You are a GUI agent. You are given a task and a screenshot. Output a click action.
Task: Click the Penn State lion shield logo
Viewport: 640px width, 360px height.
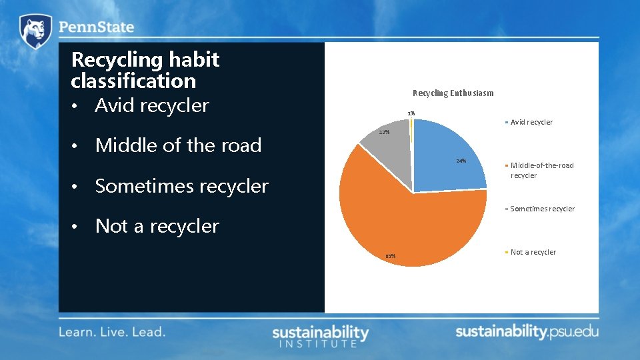[35, 31]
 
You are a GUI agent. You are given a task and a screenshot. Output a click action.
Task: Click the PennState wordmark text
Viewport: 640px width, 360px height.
[97, 28]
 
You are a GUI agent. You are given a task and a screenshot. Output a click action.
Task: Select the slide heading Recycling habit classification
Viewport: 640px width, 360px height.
[145, 70]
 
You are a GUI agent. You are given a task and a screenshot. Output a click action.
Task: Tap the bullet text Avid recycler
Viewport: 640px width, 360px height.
[152, 105]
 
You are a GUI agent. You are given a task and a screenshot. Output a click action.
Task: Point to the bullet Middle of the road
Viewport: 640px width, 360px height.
[178, 145]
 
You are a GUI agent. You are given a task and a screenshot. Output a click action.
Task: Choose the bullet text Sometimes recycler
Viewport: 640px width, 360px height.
[181, 186]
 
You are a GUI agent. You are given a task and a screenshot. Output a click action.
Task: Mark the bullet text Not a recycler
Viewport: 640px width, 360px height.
[157, 227]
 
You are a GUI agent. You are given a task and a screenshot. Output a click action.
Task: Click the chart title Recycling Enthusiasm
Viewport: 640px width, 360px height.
[453, 93]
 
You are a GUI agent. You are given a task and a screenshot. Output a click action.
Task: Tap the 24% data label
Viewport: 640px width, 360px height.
[461, 161]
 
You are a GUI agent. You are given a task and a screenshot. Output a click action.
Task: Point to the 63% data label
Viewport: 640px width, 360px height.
[390, 256]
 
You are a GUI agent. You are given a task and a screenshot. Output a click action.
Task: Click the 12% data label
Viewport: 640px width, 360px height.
[384, 133]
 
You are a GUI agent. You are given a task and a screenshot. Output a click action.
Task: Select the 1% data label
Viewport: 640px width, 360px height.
[411, 113]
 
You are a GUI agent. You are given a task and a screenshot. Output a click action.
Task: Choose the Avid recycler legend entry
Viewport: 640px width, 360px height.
[531, 122]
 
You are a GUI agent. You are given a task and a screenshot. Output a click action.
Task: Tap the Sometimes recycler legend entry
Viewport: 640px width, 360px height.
[542, 209]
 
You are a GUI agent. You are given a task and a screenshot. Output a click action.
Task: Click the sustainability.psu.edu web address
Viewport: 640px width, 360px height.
[527, 331]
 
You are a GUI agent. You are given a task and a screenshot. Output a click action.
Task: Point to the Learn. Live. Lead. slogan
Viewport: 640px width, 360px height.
[112, 331]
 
